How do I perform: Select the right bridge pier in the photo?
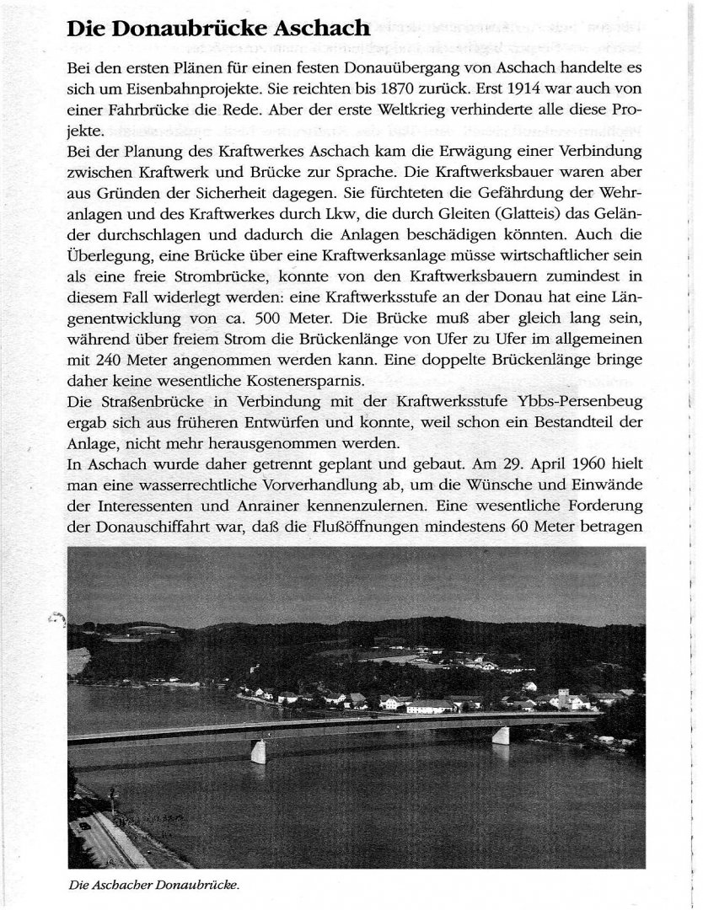point(501,735)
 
